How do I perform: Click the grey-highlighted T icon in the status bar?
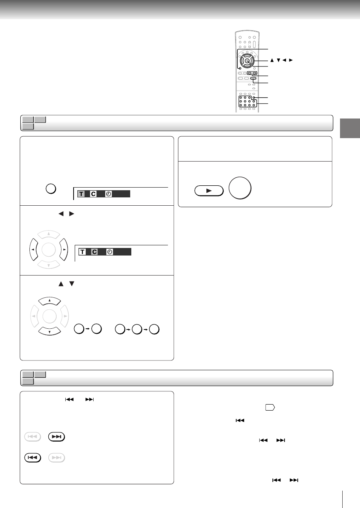(x=81, y=194)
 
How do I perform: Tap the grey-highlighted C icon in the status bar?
(x=94, y=252)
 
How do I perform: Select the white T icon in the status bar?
(x=82, y=252)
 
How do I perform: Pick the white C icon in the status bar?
(x=93, y=194)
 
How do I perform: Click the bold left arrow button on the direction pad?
(x=34, y=249)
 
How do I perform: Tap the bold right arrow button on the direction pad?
(x=64, y=249)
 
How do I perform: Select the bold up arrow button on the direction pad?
(x=49, y=301)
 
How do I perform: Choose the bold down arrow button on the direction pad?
(x=49, y=331)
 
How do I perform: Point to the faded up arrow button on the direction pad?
(x=49, y=234)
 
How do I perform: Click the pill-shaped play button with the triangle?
(x=209, y=191)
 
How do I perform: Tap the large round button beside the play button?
(x=240, y=188)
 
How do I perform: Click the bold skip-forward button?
(x=57, y=437)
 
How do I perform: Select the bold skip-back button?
(x=32, y=457)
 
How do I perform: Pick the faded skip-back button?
(x=32, y=437)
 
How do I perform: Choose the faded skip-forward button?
(x=57, y=457)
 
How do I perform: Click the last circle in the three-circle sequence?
(x=154, y=329)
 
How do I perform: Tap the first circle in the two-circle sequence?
(x=79, y=329)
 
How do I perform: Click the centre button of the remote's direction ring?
(x=247, y=61)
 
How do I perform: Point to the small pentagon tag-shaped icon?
(x=270, y=408)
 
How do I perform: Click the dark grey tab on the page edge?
(x=350, y=128)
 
